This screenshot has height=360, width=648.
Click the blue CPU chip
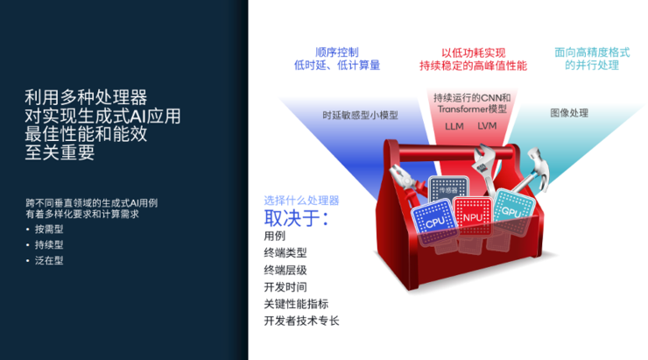(x=435, y=220)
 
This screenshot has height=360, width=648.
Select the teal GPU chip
(x=509, y=208)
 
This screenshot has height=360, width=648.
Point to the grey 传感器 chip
(x=447, y=190)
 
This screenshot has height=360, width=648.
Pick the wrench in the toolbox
(x=484, y=166)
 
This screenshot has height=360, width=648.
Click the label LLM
(x=454, y=126)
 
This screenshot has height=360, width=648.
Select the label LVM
(x=487, y=126)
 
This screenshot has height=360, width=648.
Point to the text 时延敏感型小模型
(x=359, y=114)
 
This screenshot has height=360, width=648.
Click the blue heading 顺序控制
(x=337, y=52)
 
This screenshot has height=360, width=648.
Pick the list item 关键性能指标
(x=296, y=304)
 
